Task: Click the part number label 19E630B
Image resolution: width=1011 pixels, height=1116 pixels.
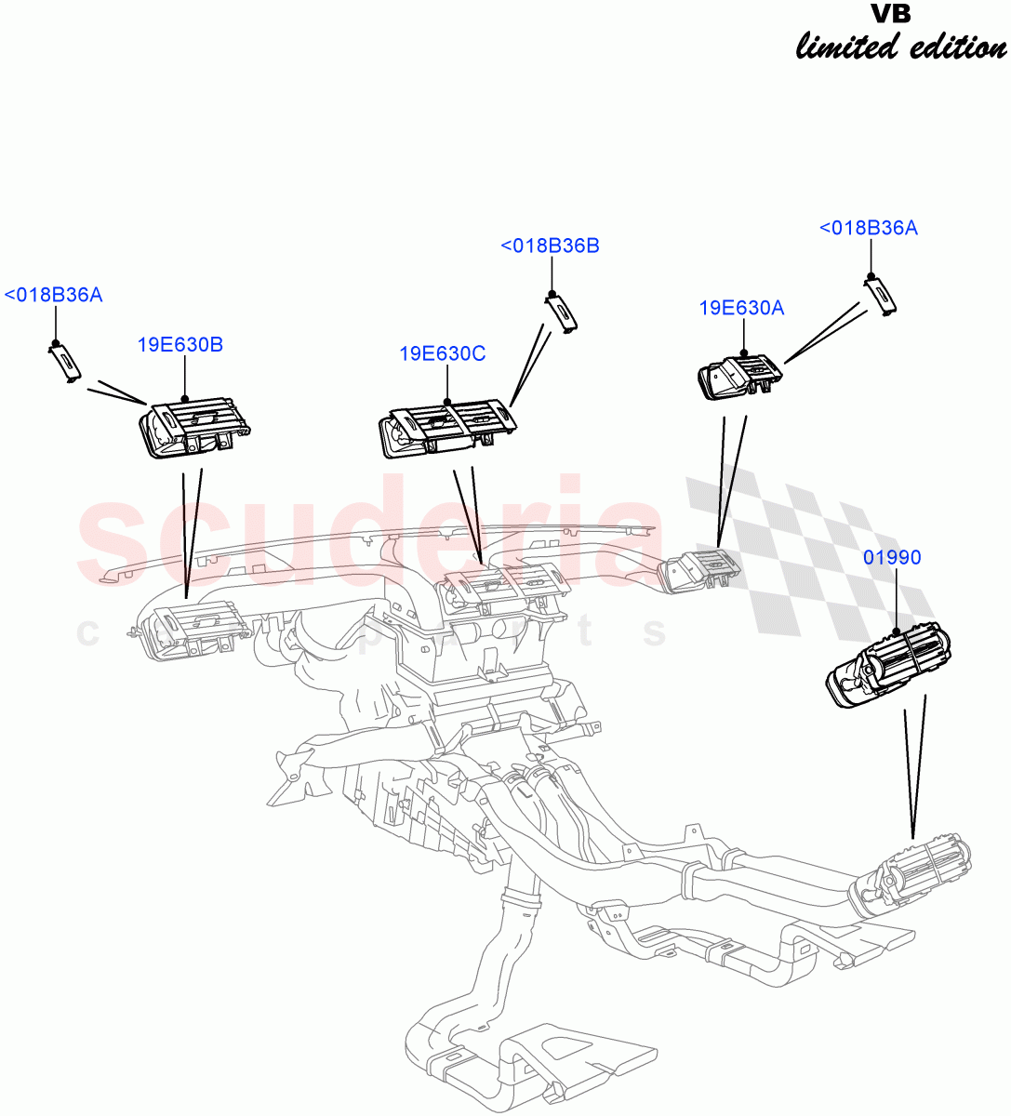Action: [180, 345]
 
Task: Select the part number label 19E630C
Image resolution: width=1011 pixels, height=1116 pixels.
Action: [443, 354]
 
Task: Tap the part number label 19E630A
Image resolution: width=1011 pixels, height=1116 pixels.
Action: [741, 308]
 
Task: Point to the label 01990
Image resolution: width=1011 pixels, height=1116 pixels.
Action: [892, 558]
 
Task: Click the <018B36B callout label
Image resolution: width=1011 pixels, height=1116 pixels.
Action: [550, 246]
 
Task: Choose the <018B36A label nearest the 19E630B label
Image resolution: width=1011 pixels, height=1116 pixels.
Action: [53, 296]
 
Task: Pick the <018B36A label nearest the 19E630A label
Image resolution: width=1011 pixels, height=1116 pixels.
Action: [868, 228]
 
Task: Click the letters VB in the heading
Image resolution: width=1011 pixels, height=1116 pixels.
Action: [890, 14]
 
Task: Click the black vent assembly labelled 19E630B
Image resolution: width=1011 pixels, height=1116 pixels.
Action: [193, 430]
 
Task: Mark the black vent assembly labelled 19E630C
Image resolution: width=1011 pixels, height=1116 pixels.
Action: [444, 432]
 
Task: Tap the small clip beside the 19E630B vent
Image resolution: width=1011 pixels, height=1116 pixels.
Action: [63, 361]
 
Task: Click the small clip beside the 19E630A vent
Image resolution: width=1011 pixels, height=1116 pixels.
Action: [879, 295]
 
